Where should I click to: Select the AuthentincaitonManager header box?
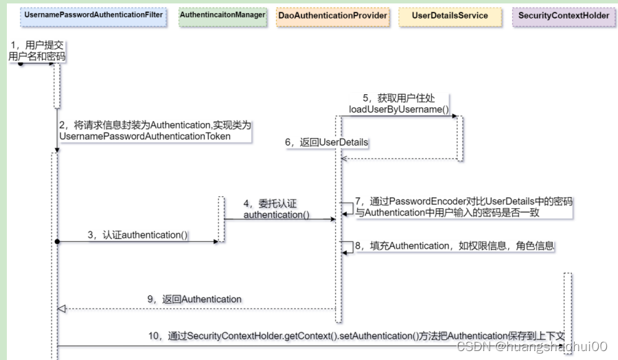click(x=222, y=15)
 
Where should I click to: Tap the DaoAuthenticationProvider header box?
click(x=333, y=15)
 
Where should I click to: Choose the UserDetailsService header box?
click(x=450, y=15)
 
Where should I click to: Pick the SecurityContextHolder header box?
click(x=564, y=15)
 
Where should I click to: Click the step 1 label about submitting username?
click(x=37, y=51)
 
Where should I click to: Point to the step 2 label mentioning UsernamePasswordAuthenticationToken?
click(x=154, y=131)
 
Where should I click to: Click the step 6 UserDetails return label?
click(x=328, y=142)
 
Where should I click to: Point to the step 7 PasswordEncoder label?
click(x=463, y=207)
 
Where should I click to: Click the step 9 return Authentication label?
click(x=194, y=299)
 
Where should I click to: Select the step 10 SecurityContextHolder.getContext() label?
click(x=357, y=335)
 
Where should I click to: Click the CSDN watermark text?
click(x=532, y=347)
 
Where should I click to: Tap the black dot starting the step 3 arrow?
click(x=58, y=242)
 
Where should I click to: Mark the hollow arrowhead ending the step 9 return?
click(x=62, y=308)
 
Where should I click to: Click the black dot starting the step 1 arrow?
click(x=21, y=63)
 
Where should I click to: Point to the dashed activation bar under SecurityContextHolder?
click(x=567, y=302)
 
